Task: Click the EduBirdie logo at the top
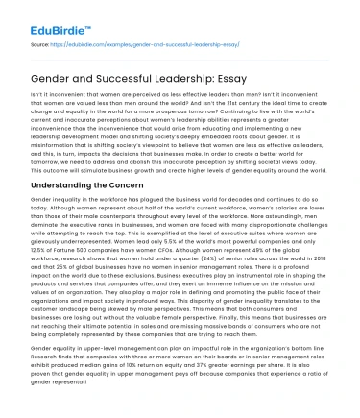coord(37,13)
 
